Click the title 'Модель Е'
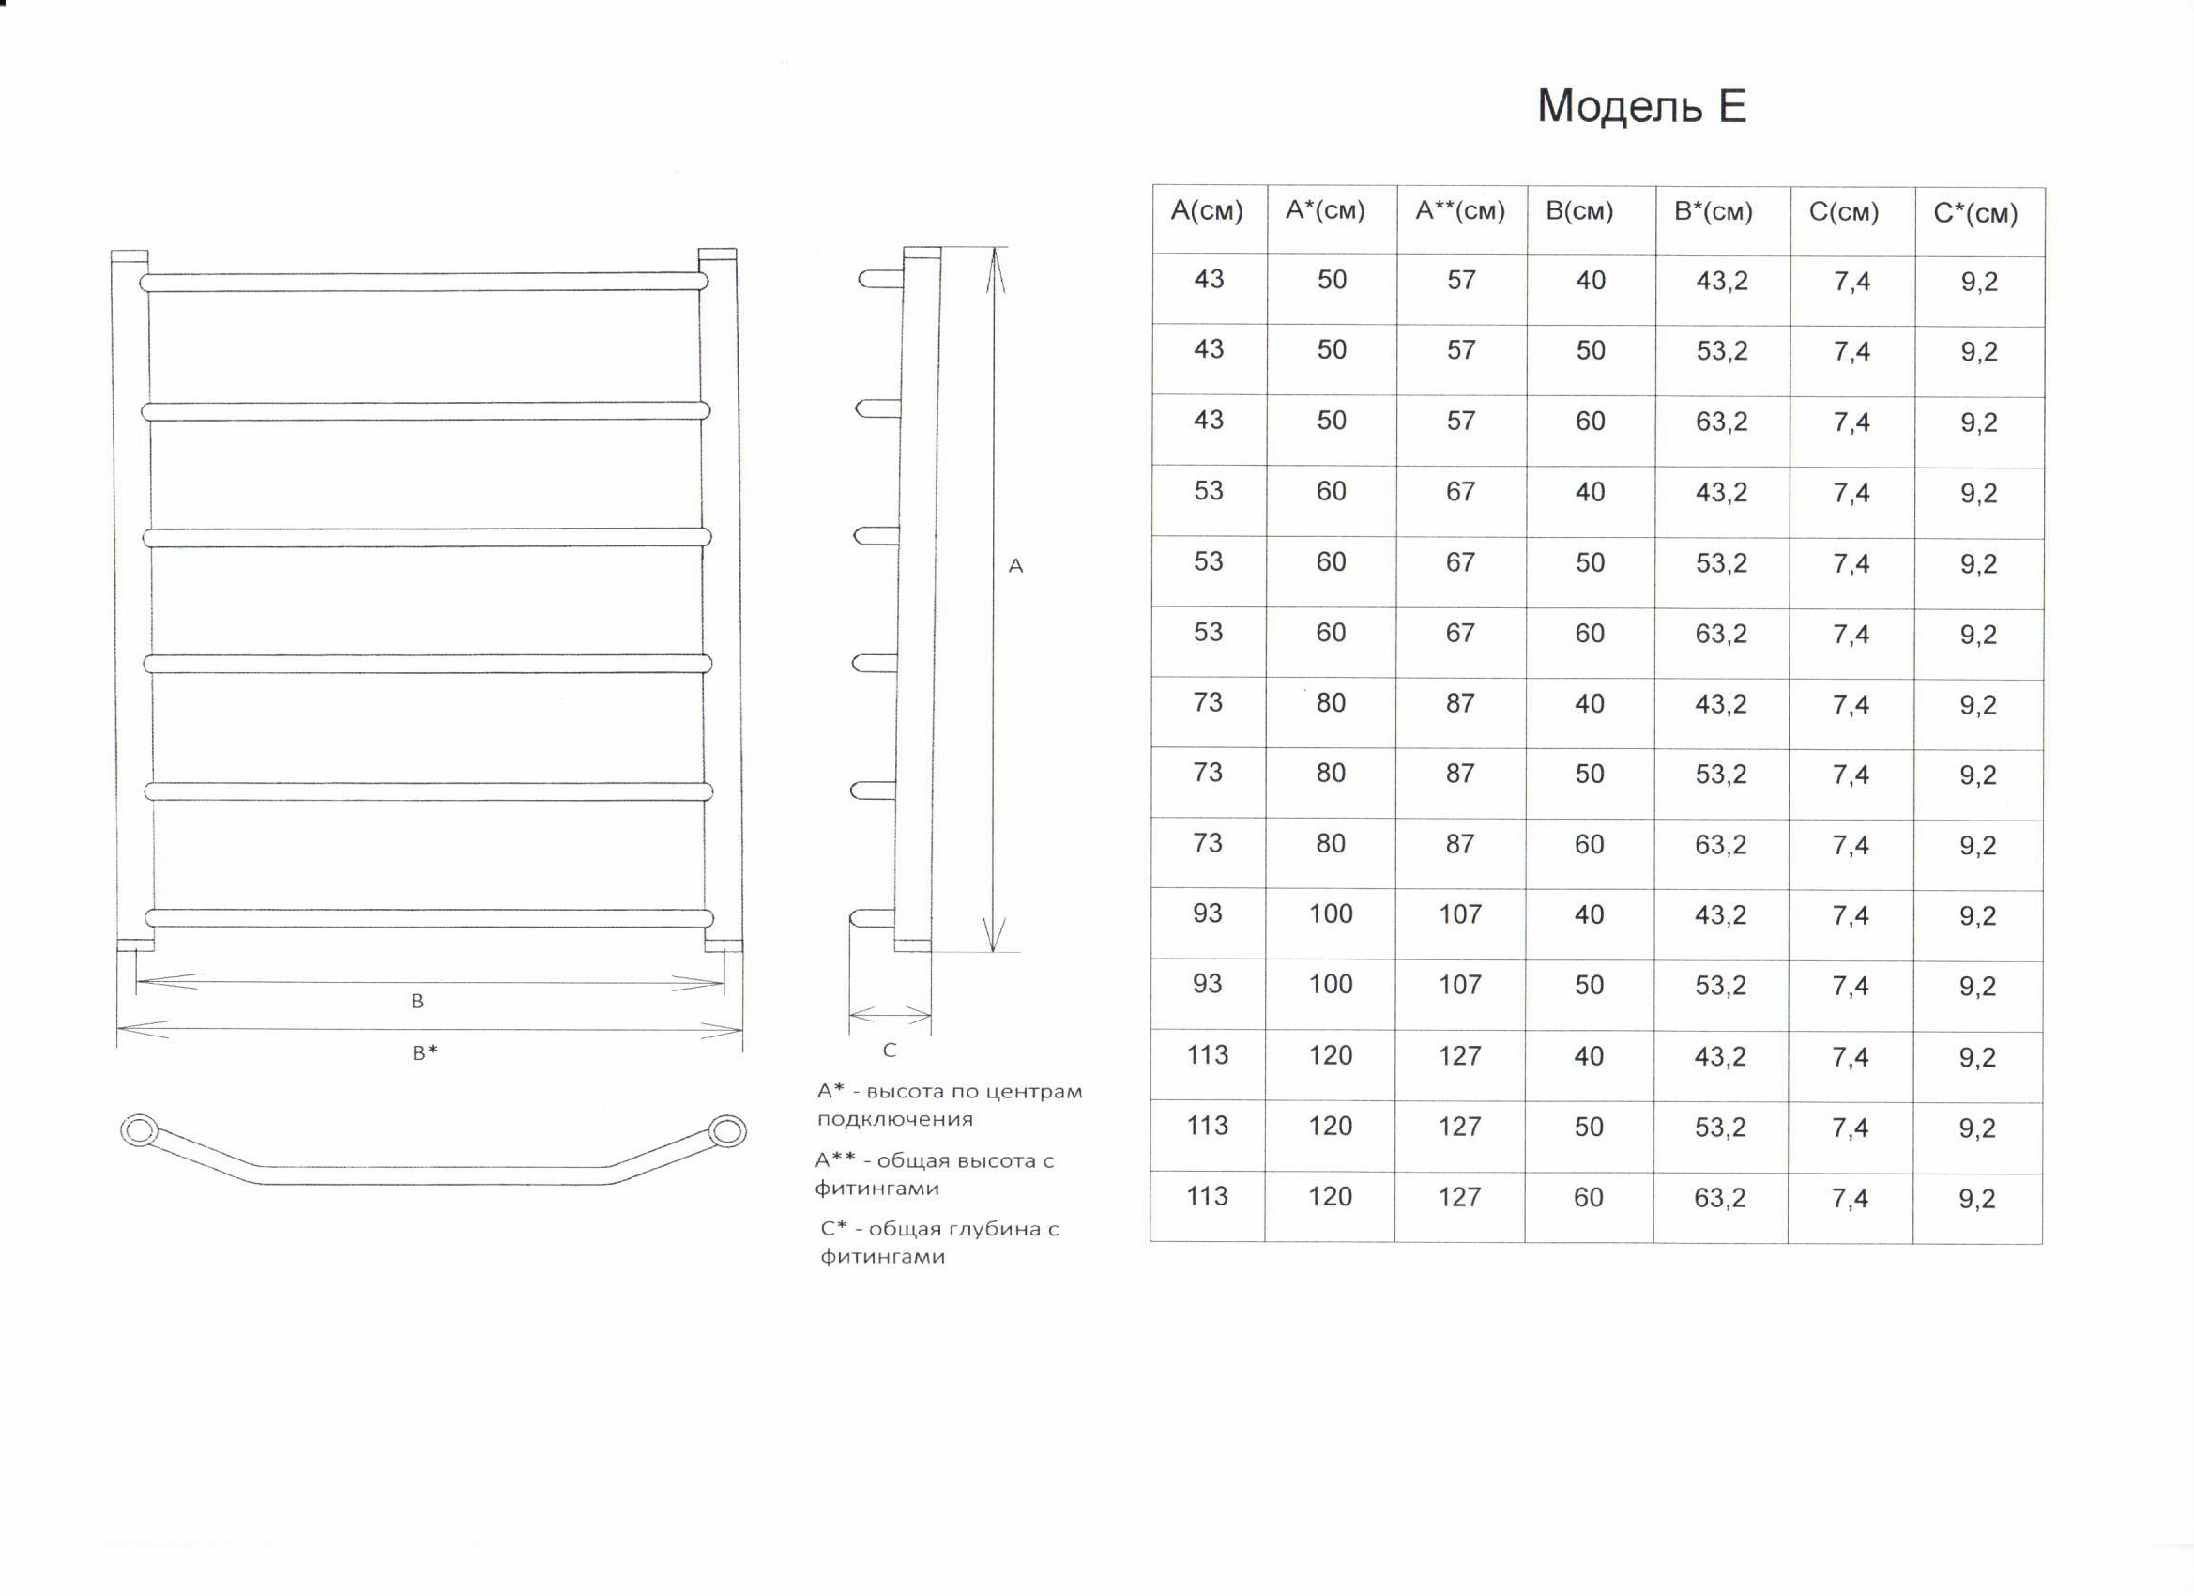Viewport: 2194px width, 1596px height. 1641,107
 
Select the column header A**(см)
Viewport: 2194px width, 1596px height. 1460,211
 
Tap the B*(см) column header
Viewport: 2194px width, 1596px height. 1714,212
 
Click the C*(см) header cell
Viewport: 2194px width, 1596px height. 1975,214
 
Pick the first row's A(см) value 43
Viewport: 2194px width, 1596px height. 1210,279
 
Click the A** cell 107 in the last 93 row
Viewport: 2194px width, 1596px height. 1460,984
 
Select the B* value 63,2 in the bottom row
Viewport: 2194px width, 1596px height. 1719,1197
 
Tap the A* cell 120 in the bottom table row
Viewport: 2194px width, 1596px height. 1330,1196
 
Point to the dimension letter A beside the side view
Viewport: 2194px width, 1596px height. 1015,566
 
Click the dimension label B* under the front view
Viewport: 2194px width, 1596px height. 425,1053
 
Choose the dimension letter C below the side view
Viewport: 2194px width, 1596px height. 890,1051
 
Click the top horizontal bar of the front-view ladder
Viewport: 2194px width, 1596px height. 424,282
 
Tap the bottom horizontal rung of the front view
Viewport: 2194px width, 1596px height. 429,917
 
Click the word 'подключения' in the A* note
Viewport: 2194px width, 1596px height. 881,1119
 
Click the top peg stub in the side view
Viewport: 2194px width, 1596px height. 880,279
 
